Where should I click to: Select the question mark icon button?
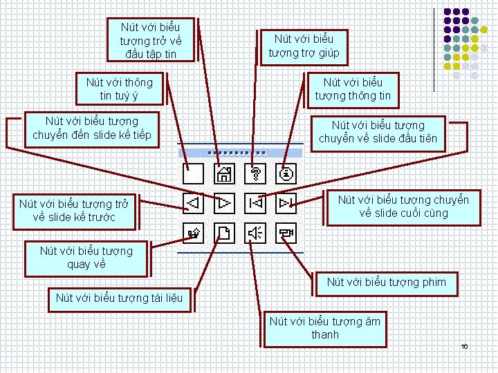click(x=255, y=173)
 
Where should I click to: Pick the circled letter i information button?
click(x=286, y=173)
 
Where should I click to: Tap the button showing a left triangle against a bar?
click(x=255, y=204)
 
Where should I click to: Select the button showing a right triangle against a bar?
click(x=286, y=204)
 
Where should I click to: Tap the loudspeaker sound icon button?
click(x=255, y=234)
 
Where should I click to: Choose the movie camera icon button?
click(x=286, y=234)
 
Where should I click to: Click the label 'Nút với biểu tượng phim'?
click(x=386, y=282)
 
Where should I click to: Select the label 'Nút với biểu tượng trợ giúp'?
click(x=304, y=46)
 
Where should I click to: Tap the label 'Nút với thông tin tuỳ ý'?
click(x=119, y=89)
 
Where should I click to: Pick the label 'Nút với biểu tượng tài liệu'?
click(x=119, y=298)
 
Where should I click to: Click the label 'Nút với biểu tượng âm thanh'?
click(x=324, y=328)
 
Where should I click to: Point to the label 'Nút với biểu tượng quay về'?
click(x=86, y=257)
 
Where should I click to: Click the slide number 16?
click(x=465, y=345)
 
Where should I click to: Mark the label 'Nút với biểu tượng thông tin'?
click(x=353, y=89)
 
